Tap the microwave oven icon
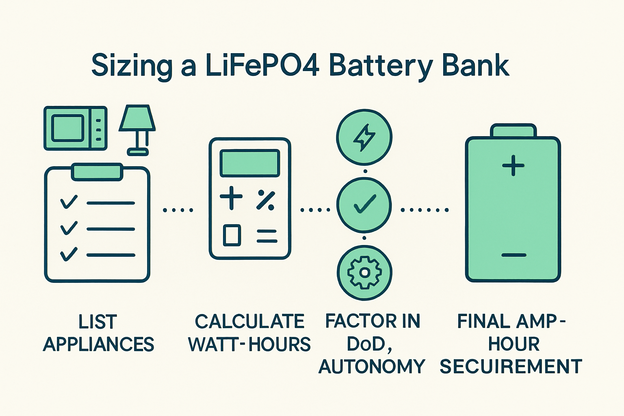coord(75,128)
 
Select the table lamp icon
coord(137,129)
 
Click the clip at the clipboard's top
coord(97,172)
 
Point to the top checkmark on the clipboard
coord(69,202)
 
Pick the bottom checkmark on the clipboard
coord(69,254)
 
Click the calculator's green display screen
coord(249,163)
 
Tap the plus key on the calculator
coord(231,198)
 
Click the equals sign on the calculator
coord(266,236)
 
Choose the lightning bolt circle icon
coord(364,137)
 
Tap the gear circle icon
coord(364,273)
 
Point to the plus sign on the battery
coord(513,165)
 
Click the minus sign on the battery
coord(513,255)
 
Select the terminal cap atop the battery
coord(513,131)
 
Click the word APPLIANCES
coord(98,344)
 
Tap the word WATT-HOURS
coord(249,344)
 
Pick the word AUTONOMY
coord(371,366)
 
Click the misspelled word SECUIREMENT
coord(511,366)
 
